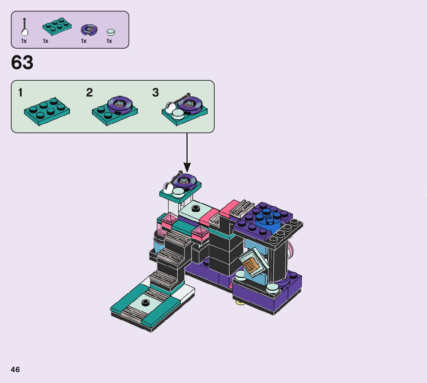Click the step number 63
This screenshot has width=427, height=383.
click(x=22, y=63)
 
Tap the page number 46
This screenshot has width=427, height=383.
click(x=15, y=369)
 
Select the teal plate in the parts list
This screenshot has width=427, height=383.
click(x=57, y=26)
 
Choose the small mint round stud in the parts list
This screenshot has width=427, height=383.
click(x=111, y=32)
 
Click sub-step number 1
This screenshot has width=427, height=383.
click(x=20, y=93)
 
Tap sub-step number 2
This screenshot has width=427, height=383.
click(x=90, y=93)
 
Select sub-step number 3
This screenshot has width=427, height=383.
click(x=156, y=93)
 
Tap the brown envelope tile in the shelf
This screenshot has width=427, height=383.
click(x=251, y=266)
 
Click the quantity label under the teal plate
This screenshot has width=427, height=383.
click(x=46, y=41)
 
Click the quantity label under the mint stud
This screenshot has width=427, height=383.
click(x=109, y=41)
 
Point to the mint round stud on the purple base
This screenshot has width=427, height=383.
click(x=273, y=287)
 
